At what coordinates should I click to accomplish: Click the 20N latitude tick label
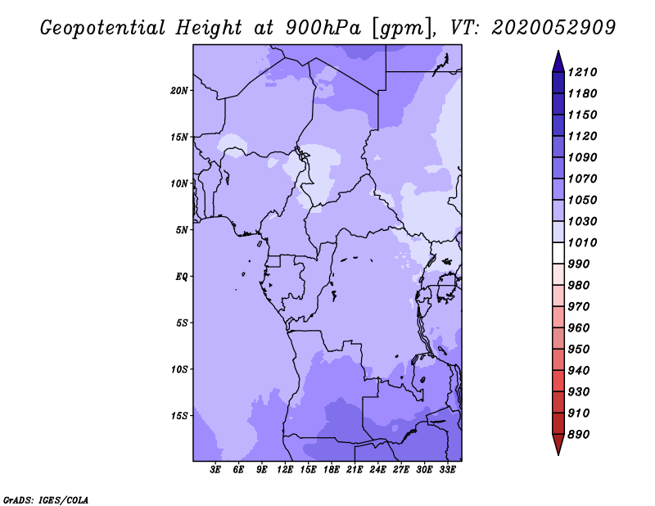pyautogui.click(x=179, y=91)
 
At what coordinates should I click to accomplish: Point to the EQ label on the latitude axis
pyautogui.click(x=181, y=277)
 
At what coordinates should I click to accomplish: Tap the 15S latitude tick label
pyautogui.click(x=179, y=416)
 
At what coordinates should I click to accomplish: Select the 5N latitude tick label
pyautogui.click(x=182, y=230)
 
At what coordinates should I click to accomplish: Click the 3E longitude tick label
pyautogui.click(x=215, y=470)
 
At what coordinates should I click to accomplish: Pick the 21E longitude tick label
pyautogui.click(x=355, y=470)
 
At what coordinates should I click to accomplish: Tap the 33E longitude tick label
pyautogui.click(x=447, y=470)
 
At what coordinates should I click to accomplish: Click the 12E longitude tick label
pyautogui.click(x=285, y=470)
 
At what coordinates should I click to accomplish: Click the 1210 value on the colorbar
pyautogui.click(x=582, y=72)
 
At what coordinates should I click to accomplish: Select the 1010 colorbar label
pyautogui.click(x=582, y=242)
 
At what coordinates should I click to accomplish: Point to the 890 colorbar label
pyautogui.click(x=579, y=435)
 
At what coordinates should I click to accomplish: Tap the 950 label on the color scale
pyautogui.click(x=579, y=350)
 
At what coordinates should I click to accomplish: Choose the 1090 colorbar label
pyautogui.click(x=582, y=157)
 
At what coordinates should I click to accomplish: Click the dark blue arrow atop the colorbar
pyautogui.click(x=558, y=63)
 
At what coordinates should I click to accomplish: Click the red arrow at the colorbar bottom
pyautogui.click(x=558, y=443)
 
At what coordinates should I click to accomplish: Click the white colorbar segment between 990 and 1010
pyautogui.click(x=558, y=253)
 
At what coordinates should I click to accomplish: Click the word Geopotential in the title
pyautogui.click(x=103, y=29)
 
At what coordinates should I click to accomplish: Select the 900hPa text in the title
pyautogui.click(x=323, y=28)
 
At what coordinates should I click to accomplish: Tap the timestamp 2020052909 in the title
pyautogui.click(x=553, y=28)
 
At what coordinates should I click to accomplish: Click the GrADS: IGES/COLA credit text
pyautogui.click(x=46, y=500)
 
